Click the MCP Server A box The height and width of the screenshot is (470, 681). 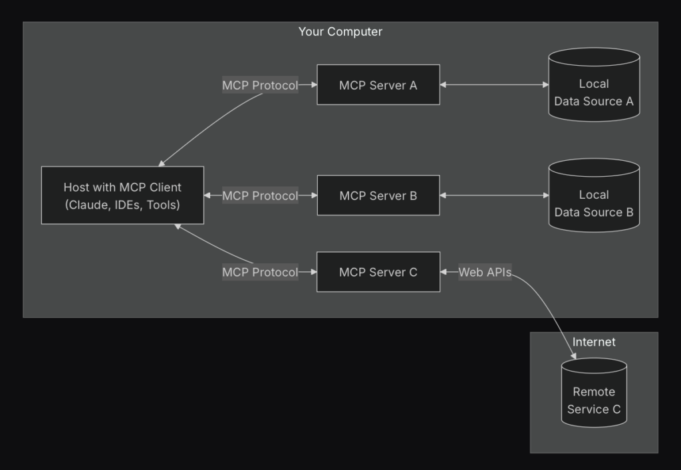pos(378,85)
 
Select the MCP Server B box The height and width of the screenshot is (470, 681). pos(378,195)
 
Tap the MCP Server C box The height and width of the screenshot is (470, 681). pos(378,272)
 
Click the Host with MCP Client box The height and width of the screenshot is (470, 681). pos(122,195)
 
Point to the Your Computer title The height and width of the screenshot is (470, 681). pos(340,31)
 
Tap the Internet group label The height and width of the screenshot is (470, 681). pos(594,342)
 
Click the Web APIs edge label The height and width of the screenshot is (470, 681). pos(485,272)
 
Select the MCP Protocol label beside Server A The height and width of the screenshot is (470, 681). pos(260,85)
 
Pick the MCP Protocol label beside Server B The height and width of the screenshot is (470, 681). pos(260,195)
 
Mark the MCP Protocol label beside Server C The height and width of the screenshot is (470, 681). pos(260,272)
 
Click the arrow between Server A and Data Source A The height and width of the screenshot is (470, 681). pos(493,85)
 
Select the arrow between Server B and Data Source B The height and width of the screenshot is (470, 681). pos(493,195)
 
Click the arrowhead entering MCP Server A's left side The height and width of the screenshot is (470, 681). pos(313,85)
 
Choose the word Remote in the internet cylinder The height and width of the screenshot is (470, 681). pos(593,392)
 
